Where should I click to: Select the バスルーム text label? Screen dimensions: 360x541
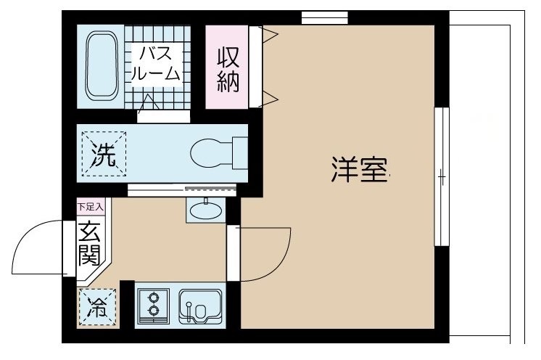[154, 62]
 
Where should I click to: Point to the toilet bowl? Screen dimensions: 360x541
[210, 153]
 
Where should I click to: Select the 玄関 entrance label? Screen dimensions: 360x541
[91, 245]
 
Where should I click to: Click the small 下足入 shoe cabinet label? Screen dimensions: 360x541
[91, 207]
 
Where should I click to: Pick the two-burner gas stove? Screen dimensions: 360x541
[153, 303]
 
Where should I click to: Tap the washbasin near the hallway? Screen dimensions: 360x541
[206, 210]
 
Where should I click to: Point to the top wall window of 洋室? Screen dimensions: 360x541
[325, 17]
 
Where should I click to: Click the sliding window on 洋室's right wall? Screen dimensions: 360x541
[440, 176]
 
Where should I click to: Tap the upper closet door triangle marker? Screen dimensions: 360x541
[268, 33]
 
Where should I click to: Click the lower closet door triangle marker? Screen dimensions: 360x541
[268, 97]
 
